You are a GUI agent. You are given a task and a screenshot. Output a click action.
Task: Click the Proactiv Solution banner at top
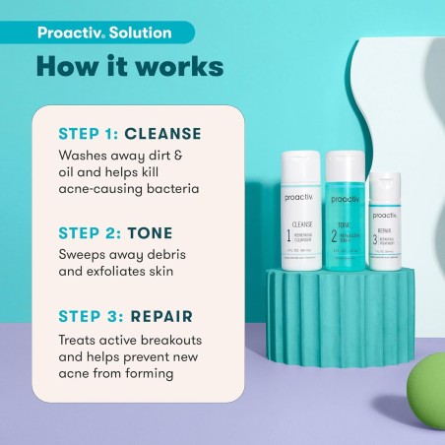coord(103,32)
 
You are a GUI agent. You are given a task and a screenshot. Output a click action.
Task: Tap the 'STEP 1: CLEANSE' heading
coord(130,133)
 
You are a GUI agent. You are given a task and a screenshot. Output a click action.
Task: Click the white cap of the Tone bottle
coord(345,157)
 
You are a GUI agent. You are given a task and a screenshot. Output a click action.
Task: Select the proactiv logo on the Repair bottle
coord(385,188)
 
